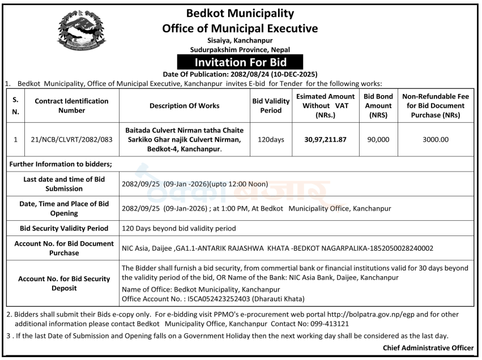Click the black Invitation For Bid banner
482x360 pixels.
click(x=240, y=62)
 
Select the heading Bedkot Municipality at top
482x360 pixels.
click(x=240, y=13)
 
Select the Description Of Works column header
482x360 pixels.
click(x=184, y=106)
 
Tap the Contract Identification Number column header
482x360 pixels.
click(x=71, y=106)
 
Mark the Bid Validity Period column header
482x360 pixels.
click(x=271, y=106)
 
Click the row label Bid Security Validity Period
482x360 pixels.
click(x=64, y=229)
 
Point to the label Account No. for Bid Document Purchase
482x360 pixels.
click(x=64, y=248)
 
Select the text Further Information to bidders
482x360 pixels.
click(x=61, y=164)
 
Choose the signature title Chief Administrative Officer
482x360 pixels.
click(x=428, y=348)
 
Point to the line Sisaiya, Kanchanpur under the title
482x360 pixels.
click(x=240, y=41)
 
